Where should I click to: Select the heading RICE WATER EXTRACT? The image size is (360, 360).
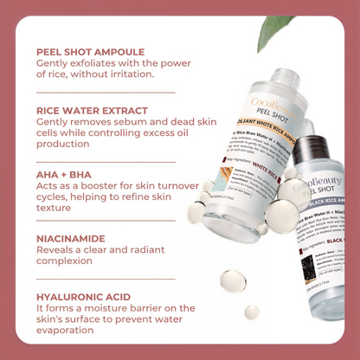tap(93, 110)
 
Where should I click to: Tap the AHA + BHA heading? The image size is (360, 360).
tap(63, 173)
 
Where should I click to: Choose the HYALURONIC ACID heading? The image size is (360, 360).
tap(84, 296)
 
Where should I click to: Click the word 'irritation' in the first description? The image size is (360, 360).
tap(126, 74)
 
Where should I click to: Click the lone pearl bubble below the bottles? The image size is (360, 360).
tap(232, 281)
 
